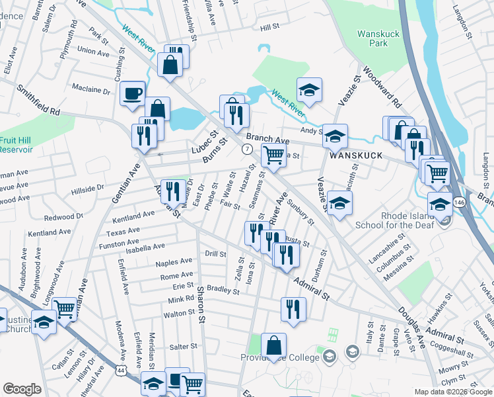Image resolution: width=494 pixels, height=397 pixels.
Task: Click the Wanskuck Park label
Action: (376, 38)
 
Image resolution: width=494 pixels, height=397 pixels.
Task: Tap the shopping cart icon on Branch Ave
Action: (273, 156)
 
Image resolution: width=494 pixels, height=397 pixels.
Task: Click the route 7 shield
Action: (246, 150)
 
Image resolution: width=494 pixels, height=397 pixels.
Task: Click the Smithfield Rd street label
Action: (38, 100)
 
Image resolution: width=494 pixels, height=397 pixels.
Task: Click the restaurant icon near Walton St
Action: (293, 309)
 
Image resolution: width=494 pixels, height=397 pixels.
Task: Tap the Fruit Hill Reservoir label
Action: (15, 145)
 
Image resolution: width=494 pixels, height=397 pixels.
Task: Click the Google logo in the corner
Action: (22, 389)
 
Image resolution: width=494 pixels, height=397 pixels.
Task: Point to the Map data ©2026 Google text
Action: (452, 392)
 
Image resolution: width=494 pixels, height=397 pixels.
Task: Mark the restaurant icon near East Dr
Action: (172, 192)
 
